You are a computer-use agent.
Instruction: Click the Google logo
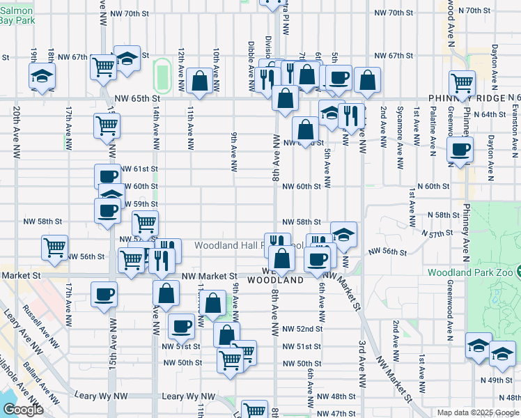click(23, 410)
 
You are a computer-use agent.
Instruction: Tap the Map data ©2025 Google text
click(477, 412)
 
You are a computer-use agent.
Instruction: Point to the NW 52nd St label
click(302, 329)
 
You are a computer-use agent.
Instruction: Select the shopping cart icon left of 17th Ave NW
click(54, 247)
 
